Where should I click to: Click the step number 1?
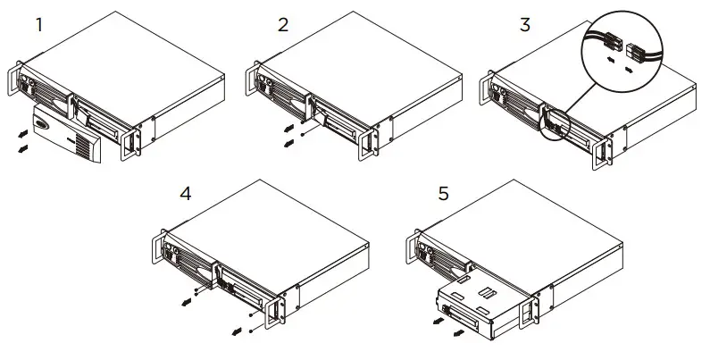click(x=38, y=24)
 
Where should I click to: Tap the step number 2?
click(x=283, y=24)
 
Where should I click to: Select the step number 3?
click(x=524, y=24)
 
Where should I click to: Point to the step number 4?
click(x=185, y=192)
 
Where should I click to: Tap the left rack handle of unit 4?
click(x=155, y=249)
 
